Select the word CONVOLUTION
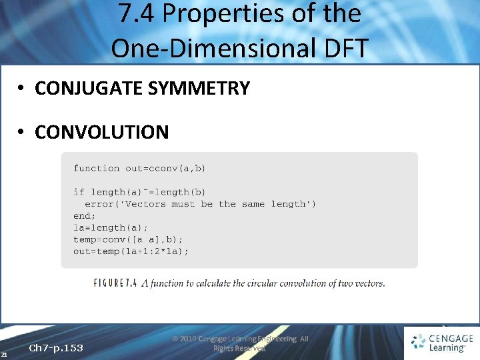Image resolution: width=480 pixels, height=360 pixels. tap(102, 132)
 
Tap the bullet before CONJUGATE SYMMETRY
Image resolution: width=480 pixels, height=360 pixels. tap(22, 89)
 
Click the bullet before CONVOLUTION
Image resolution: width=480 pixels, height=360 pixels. tap(22, 133)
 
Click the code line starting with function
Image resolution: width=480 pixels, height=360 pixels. tap(139, 168)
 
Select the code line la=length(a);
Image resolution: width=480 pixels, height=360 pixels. tap(111, 227)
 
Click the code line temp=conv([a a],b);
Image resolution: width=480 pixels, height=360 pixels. tap(128, 239)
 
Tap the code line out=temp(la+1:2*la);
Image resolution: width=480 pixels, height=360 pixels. tap(131, 251)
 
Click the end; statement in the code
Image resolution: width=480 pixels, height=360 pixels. tap(84, 215)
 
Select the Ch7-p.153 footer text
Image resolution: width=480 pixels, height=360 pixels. tap(56, 348)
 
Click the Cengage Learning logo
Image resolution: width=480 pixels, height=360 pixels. tap(441, 343)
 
